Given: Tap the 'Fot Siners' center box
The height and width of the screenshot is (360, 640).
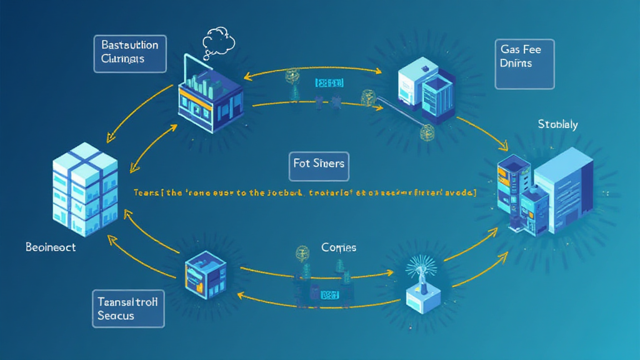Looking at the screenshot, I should [319, 164].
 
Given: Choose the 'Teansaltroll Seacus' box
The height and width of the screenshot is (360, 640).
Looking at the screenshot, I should [128, 308].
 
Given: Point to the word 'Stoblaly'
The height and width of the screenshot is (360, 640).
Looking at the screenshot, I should [557, 124].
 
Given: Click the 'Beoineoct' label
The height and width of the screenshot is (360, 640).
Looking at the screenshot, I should [51, 247].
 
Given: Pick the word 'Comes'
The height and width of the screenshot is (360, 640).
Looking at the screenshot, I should [339, 247].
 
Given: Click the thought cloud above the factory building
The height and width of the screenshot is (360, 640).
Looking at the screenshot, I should [219, 42].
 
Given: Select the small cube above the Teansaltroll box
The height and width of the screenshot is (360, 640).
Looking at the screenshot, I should [205, 274].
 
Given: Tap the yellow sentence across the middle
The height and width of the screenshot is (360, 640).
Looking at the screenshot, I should [305, 193].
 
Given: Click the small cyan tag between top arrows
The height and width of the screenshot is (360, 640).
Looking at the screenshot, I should [329, 82].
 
